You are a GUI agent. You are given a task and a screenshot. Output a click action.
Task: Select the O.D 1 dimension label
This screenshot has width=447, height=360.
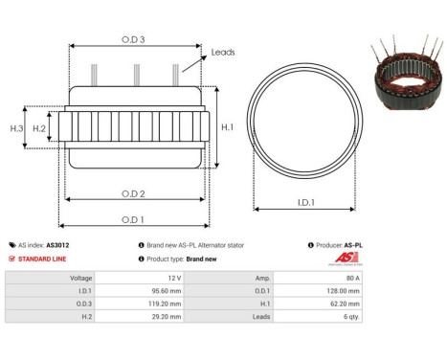click(x=133, y=219)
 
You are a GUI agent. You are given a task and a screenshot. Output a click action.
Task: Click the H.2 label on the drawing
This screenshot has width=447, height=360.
click(x=39, y=127)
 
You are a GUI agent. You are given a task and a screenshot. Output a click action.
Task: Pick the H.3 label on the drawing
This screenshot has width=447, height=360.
click(x=16, y=127)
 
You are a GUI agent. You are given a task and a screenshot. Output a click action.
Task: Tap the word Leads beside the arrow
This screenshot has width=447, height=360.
click(x=223, y=52)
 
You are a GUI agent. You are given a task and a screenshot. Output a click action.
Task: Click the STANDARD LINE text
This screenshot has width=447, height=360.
click(x=39, y=259)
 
